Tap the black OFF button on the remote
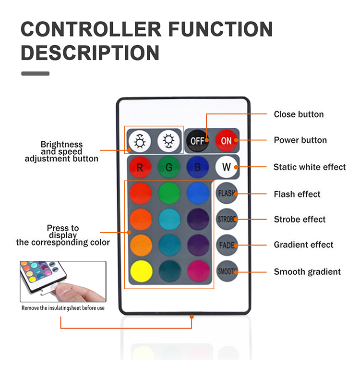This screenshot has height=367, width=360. tap(197, 141)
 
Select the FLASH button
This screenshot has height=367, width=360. tap(227, 194)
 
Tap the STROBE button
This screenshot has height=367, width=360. tap(227, 219)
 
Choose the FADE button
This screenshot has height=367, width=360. tap(227, 245)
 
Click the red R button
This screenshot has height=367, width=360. tap(140, 168)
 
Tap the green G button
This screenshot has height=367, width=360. tap(169, 168)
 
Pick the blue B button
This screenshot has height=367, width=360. tap(197, 168)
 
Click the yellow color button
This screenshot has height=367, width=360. tap(141, 271)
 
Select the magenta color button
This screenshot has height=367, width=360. tap(198, 271)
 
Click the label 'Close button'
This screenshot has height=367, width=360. tap(299, 114)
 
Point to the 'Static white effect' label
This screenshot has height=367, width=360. tap(310, 167)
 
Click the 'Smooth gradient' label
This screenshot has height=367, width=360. tap(307, 272)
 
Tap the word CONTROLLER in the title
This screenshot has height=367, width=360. tap(91, 30)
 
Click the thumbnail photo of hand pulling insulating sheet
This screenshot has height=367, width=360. tap(63, 281)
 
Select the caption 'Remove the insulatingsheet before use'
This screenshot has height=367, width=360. tap(63, 308)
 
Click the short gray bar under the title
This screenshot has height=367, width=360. tap(35, 73)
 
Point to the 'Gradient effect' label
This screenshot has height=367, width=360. tap(303, 245)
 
